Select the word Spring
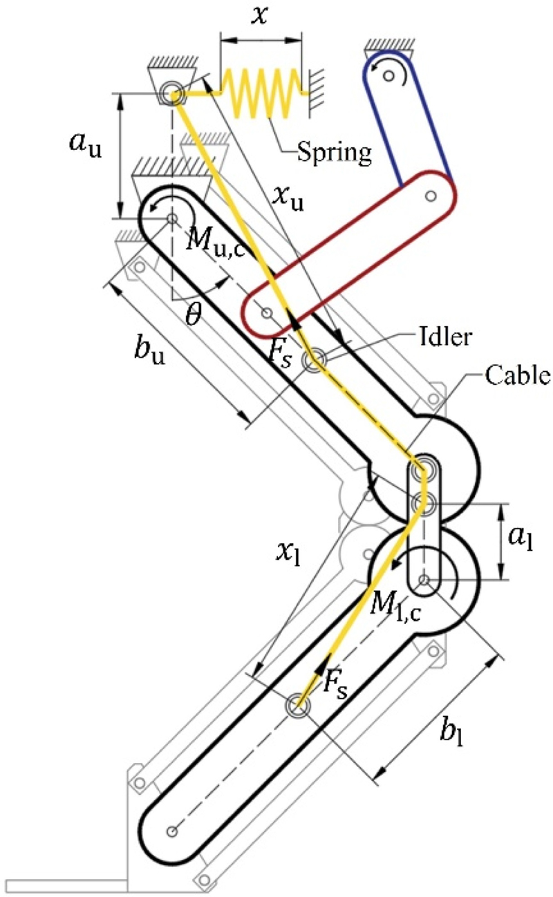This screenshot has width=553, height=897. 334,151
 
